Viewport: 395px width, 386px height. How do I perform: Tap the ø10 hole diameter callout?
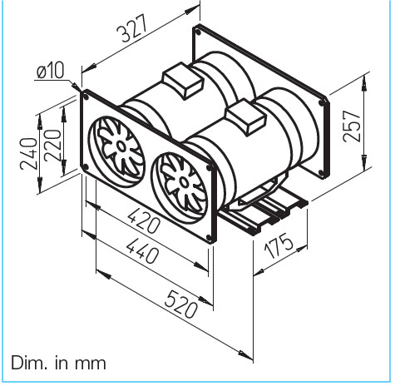point(50,72)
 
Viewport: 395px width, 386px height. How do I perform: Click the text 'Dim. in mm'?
point(59,364)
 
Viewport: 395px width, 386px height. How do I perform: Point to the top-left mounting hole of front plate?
point(86,97)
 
